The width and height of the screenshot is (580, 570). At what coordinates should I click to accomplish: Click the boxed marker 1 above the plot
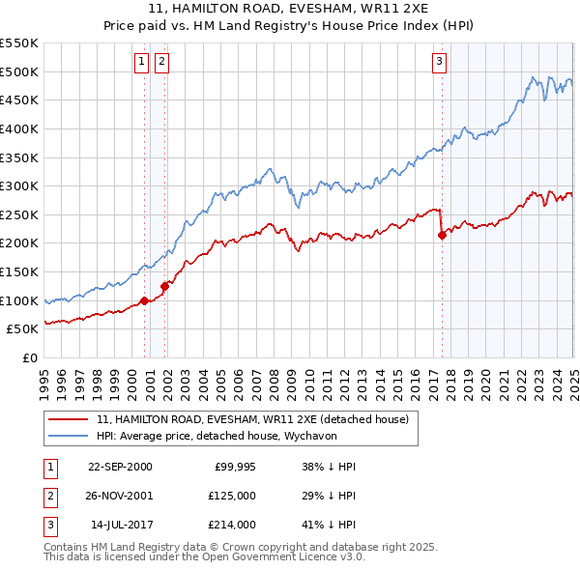tap(142, 62)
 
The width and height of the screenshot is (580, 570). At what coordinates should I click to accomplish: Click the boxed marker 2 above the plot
tap(160, 62)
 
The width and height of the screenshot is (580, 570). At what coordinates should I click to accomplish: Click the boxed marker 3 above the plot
tap(439, 62)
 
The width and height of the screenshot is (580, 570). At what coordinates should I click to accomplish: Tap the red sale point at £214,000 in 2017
tap(442, 235)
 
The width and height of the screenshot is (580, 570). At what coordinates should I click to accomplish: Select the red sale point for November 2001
tap(165, 286)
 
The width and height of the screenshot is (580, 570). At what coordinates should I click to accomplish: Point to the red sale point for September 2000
tap(145, 300)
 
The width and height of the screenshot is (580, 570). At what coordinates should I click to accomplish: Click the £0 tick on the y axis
tap(29, 357)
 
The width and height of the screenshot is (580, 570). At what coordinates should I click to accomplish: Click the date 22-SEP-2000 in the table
tap(120, 467)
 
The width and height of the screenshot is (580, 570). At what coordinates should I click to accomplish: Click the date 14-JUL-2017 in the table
tap(120, 525)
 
